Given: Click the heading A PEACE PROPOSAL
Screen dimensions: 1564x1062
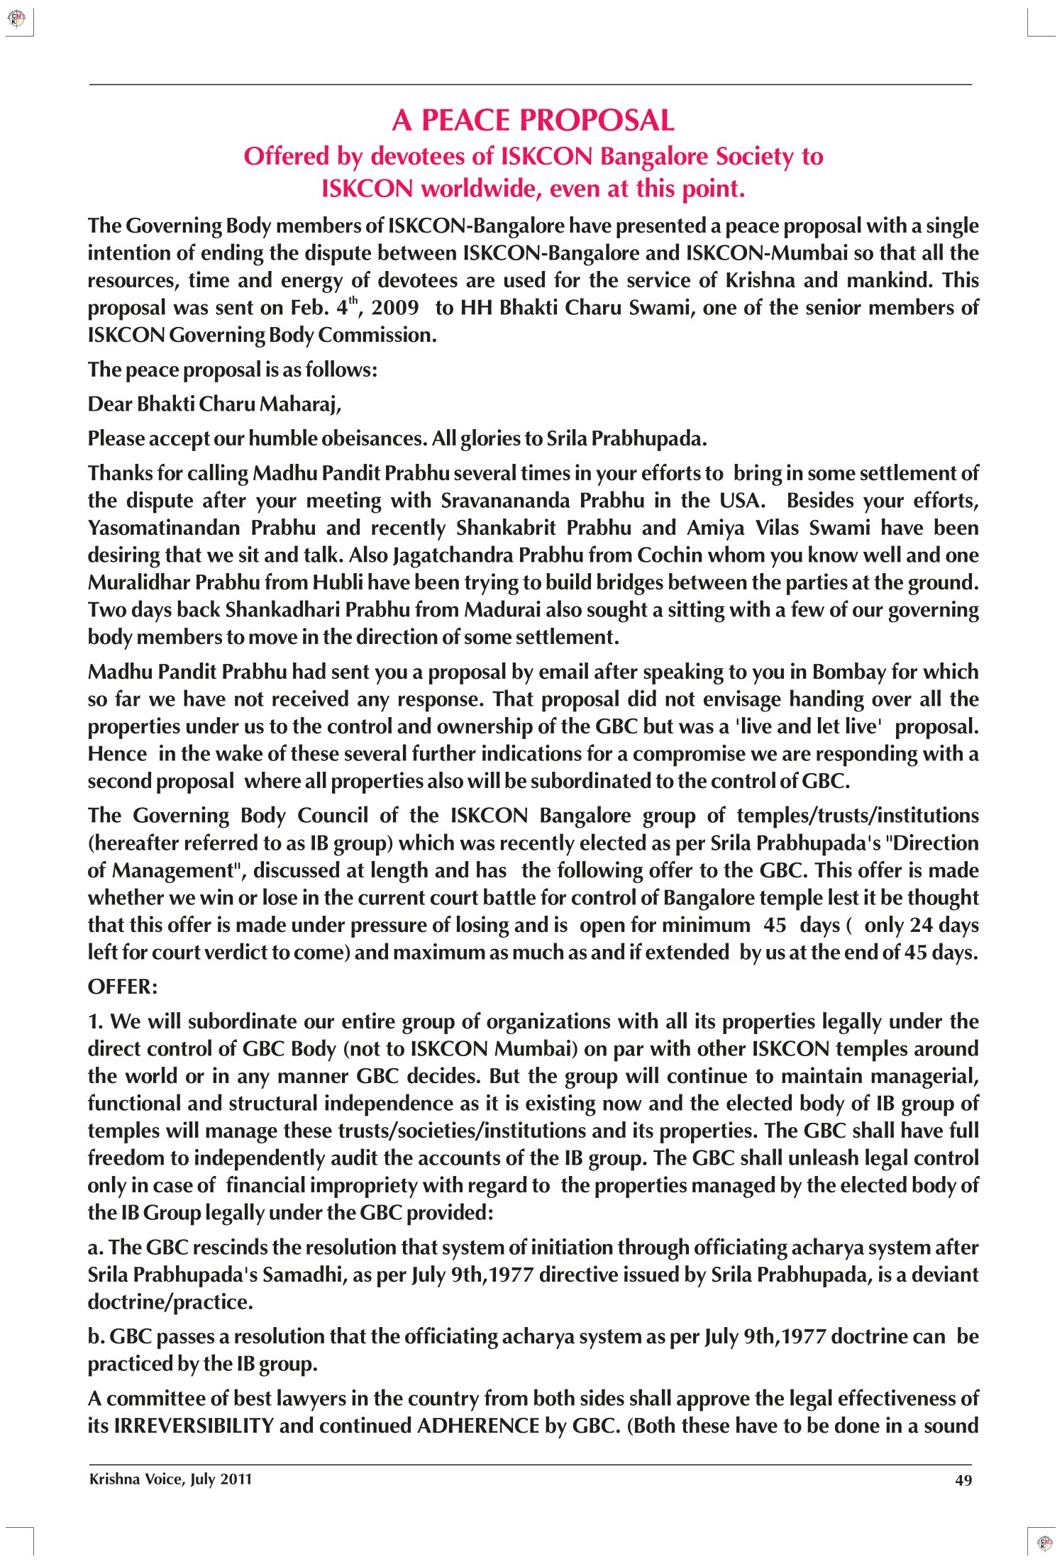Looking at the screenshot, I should pyautogui.click(x=533, y=121).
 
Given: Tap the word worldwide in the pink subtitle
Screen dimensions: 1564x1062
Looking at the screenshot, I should pyautogui.click(x=479, y=189).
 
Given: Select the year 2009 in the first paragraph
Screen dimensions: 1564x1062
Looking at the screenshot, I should pyautogui.click(x=395, y=308).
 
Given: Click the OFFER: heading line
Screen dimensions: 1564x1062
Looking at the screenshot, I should pyautogui.click(x=123, y=987).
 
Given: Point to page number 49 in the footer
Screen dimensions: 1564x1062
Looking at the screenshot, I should pyautogui.click(x=963, y=1480).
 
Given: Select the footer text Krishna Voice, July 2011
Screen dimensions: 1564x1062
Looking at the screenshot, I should pyautogui.click(x=170, y=1480).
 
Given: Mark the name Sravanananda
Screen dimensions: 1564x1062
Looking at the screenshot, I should pyautogui.click(x=507, y=501).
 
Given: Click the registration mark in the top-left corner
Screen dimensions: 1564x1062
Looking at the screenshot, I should pyautogui.click(x=16, y=18).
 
